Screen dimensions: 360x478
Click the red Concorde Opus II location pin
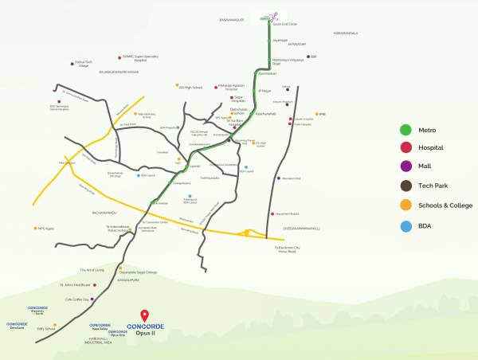144,314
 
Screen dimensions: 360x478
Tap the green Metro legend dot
406,130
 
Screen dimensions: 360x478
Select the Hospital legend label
430,147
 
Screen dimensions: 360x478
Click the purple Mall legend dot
406,166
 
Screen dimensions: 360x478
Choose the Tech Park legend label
434,186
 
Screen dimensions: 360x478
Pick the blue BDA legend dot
406,225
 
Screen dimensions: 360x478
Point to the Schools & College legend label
445,205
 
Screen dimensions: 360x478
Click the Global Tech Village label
83,65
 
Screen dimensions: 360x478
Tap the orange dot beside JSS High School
178,85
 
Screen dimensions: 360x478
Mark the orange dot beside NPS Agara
34,228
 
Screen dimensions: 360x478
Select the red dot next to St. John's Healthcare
93,284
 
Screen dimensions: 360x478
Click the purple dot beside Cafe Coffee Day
92,299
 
